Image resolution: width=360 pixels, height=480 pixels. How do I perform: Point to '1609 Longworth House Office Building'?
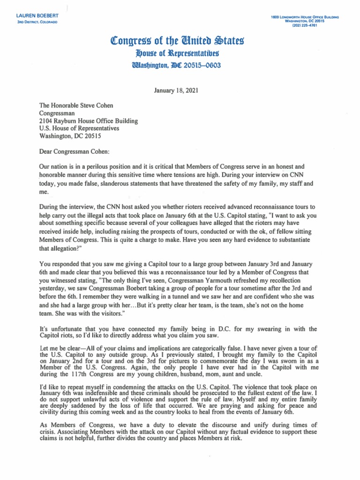[305, 17]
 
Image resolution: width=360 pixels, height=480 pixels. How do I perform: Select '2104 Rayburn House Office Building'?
[89, 121]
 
